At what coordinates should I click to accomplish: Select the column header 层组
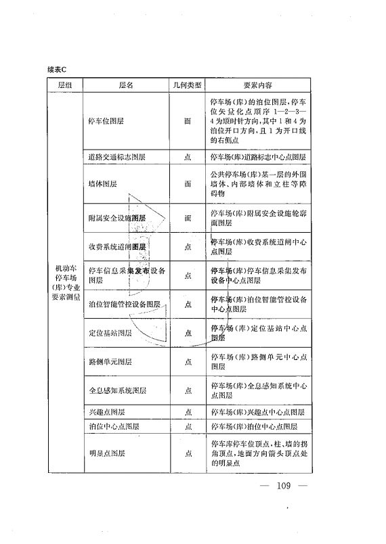coord(65,86)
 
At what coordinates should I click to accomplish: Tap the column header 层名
coord(126,86)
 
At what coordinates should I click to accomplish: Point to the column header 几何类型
coord(188,86)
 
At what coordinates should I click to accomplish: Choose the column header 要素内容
coord(258,86)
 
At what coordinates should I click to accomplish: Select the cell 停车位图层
coord(106,121)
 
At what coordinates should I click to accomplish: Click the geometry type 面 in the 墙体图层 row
coord(188,183)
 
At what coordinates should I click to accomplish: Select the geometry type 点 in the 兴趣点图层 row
coord(188,412)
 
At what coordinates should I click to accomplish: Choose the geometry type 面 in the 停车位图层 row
coord(188,121)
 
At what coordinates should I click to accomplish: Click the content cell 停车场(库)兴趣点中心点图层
coord(257,412)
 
